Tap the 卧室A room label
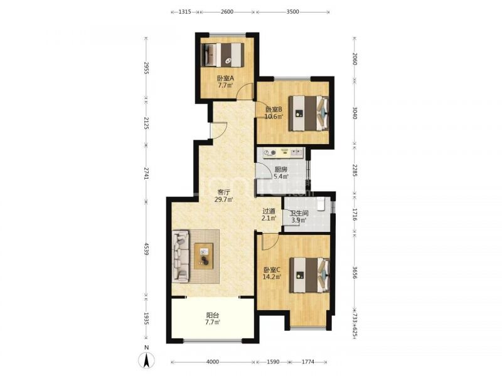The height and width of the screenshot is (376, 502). point(226,78)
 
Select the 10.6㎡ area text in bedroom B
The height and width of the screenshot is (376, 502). point(274,117)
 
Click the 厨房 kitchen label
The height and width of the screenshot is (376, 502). point(280,169)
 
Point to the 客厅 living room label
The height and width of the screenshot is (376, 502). point(224,192)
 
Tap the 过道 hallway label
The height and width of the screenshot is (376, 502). point(269,211)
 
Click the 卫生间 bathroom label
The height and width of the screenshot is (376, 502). point(299,213)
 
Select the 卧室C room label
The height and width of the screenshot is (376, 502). point(272,270)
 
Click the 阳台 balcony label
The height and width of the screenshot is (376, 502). point(213,315)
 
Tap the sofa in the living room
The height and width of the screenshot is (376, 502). point(181,257)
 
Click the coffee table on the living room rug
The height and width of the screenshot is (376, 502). point(204,256)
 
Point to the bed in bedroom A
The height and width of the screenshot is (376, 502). point(222,55)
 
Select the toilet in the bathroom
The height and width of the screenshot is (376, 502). point(321,204)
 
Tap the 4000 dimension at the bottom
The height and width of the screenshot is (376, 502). point(213,362)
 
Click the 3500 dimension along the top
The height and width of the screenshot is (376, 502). point(292,12)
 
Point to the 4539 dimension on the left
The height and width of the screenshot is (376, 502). point(146,249)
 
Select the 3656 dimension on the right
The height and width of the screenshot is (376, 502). point(355,273)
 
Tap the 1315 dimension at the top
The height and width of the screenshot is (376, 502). point(184,12)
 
